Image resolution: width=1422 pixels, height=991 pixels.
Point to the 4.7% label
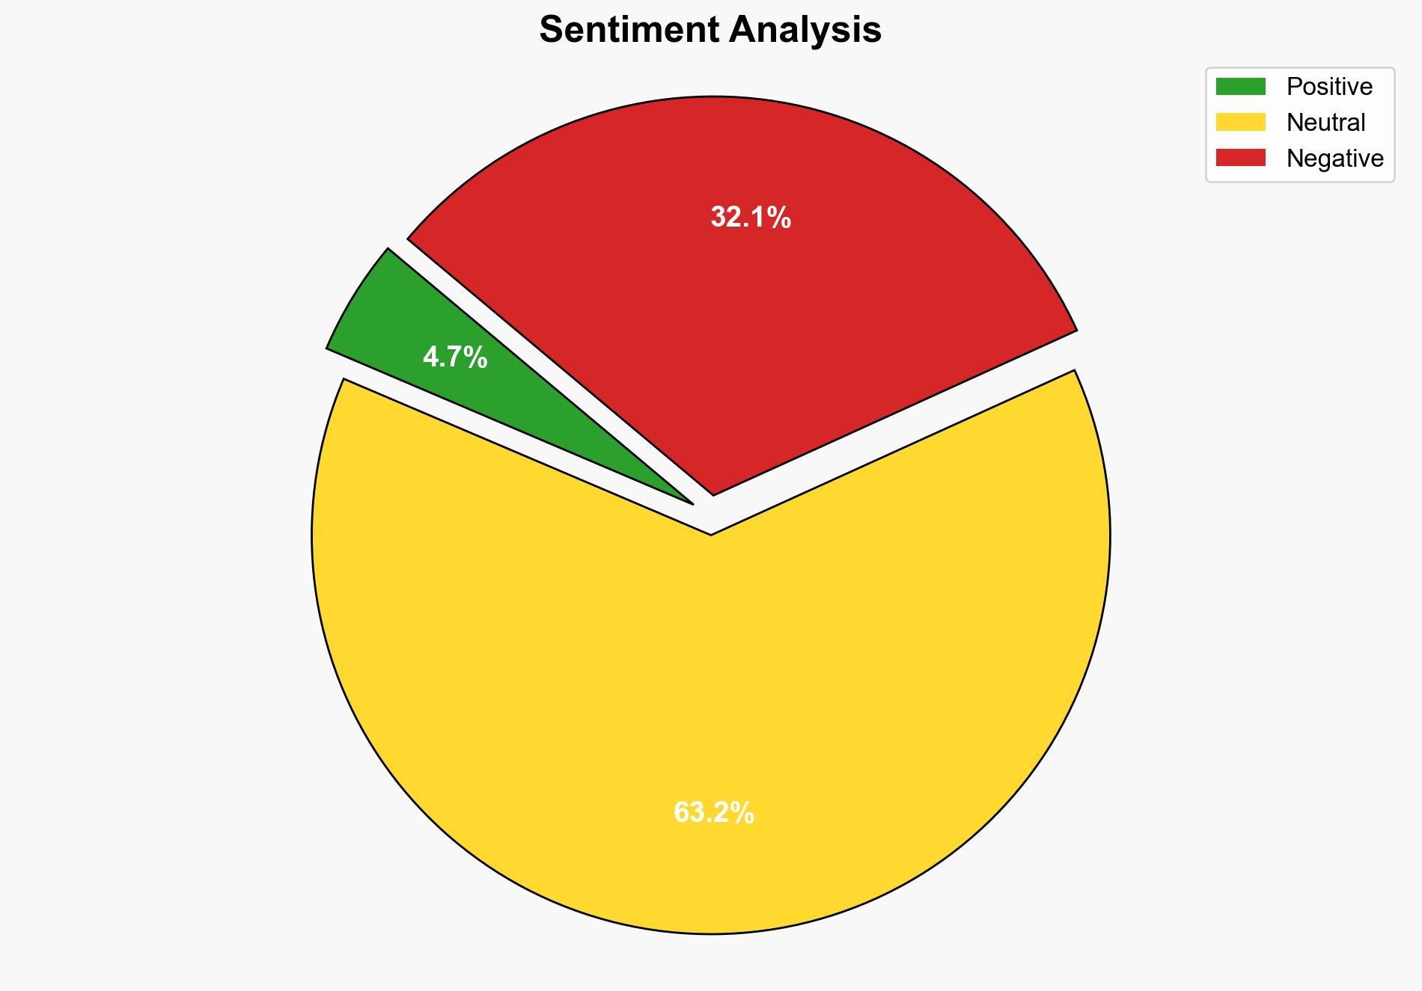point(455,358)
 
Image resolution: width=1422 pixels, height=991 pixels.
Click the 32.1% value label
point(751,218)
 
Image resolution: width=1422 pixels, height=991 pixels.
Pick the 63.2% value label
point(714,812)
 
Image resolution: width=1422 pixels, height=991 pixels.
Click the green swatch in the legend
point(1240,87)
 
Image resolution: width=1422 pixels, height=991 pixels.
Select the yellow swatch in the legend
point(1240,122)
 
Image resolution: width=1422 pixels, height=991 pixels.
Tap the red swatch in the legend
point(1240,158)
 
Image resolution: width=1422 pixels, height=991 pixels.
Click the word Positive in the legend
point(1329,87)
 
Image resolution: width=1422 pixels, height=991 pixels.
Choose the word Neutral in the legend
point(1325,122)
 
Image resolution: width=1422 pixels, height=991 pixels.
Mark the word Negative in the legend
point(1334,158)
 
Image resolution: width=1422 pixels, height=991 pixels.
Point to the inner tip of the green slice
point(690,502)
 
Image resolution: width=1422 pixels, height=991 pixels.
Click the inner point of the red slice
point(713,492)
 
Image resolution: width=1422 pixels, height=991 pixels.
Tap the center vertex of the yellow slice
point(710,533)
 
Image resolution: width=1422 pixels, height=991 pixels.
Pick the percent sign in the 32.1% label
point(778,218)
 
